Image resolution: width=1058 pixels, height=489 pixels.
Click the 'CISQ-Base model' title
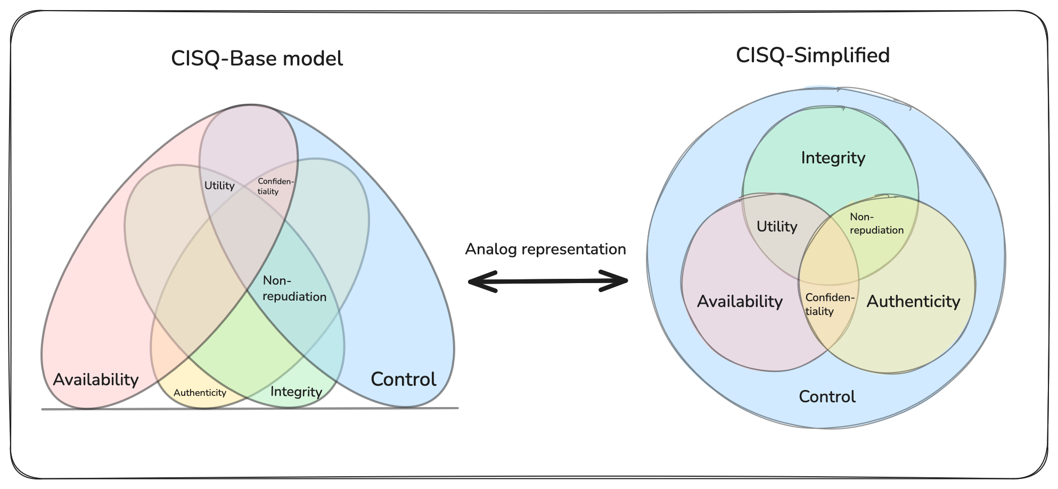point(257,59)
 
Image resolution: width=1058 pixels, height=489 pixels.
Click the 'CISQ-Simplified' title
point(813,55)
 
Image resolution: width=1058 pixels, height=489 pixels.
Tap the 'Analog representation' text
point(545,249)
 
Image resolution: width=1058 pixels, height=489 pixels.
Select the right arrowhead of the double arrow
point(617,281)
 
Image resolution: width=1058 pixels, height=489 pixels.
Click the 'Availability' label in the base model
point(96,379)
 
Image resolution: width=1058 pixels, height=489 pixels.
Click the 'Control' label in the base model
point(403,379)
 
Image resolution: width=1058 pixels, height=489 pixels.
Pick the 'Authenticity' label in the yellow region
point(200,393)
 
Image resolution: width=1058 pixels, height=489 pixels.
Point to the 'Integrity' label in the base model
point(296,392)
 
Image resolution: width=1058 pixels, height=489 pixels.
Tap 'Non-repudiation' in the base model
point(294,289)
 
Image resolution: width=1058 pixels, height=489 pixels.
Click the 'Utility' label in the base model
point(219,186)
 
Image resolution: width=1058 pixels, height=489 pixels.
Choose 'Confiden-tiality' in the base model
point(275,186)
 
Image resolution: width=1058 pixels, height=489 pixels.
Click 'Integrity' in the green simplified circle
point(833,158)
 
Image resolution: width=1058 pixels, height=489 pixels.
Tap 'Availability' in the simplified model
point(740,302)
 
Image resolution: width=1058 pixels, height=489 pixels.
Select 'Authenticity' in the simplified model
point(913,302)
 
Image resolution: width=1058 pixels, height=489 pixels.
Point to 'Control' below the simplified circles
point(827,396)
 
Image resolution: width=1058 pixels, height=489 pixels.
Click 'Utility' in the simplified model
point(777,227)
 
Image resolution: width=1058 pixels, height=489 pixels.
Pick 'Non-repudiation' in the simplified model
point(876,223)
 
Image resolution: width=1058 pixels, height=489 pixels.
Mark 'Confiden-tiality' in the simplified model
point(829,304)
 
